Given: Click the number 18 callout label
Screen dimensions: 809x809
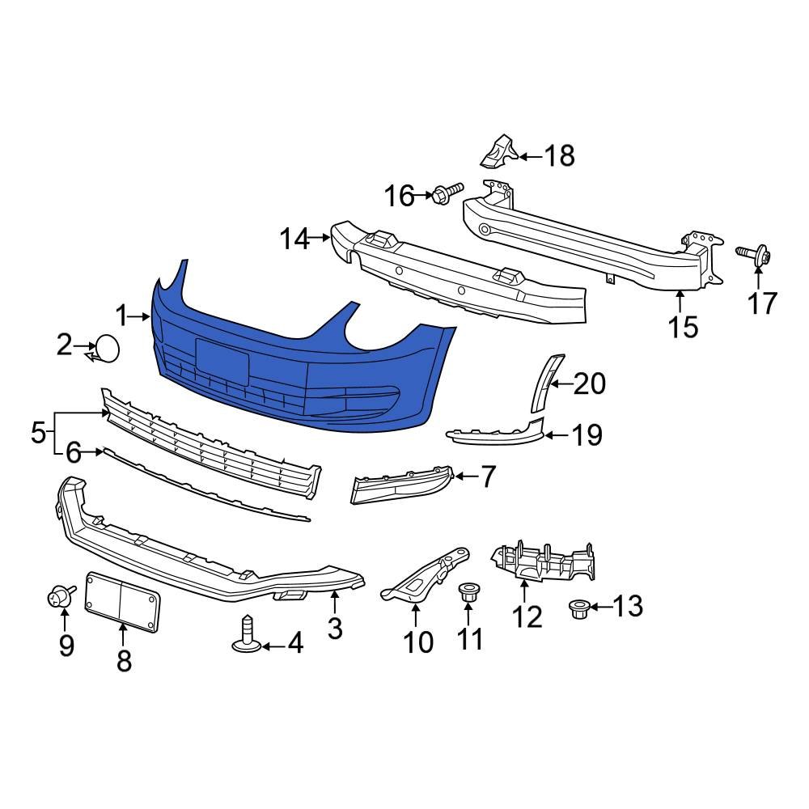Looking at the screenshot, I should coord(559,155).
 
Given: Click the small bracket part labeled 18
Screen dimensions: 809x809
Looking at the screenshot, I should coord(499,150).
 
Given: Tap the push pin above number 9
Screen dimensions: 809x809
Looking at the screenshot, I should coord(59,598).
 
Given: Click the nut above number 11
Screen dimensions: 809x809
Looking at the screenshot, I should coord(468,592).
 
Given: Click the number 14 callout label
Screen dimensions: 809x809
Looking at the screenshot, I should coord(294,239).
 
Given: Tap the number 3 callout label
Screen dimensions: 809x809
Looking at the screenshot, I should coord(335,628).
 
